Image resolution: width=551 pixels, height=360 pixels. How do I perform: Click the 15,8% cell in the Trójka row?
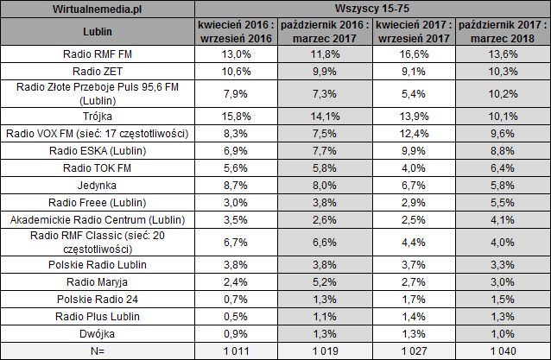236,115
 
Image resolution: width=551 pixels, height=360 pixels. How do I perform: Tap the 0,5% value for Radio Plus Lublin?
236,316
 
